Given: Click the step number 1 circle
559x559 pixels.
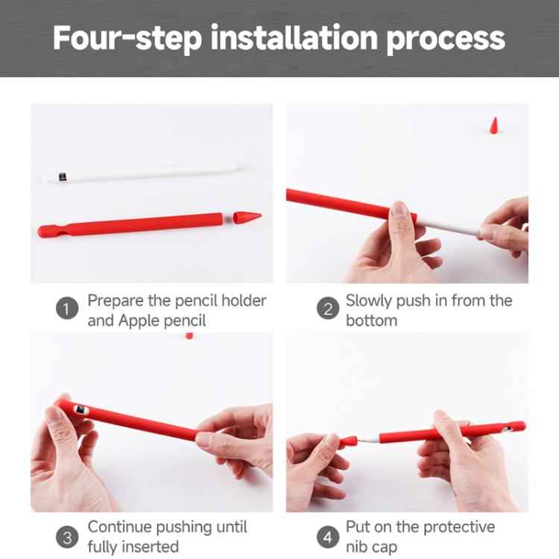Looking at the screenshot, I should (x=67, y=310).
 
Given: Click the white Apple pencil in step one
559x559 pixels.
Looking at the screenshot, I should (x=142, y=174).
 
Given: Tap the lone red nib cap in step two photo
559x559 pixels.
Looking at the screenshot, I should (x=494, y=124).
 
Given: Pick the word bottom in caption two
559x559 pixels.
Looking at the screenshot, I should (x=371, y=320).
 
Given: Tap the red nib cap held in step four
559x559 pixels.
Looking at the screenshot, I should (x=347, y=443).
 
